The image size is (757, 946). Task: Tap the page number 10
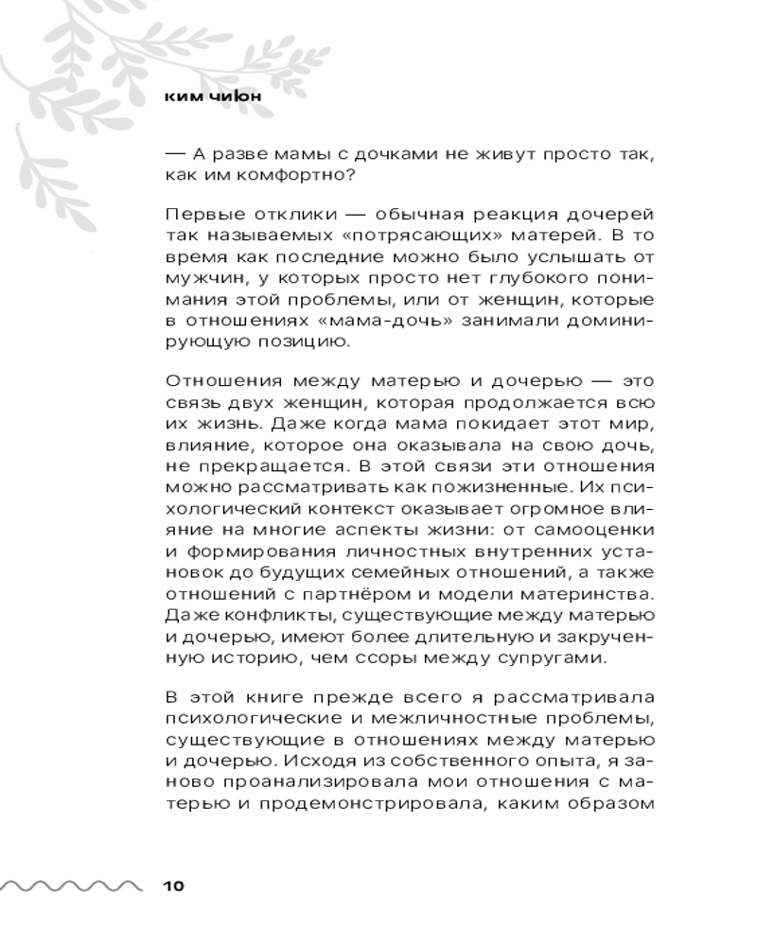[174, 886]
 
